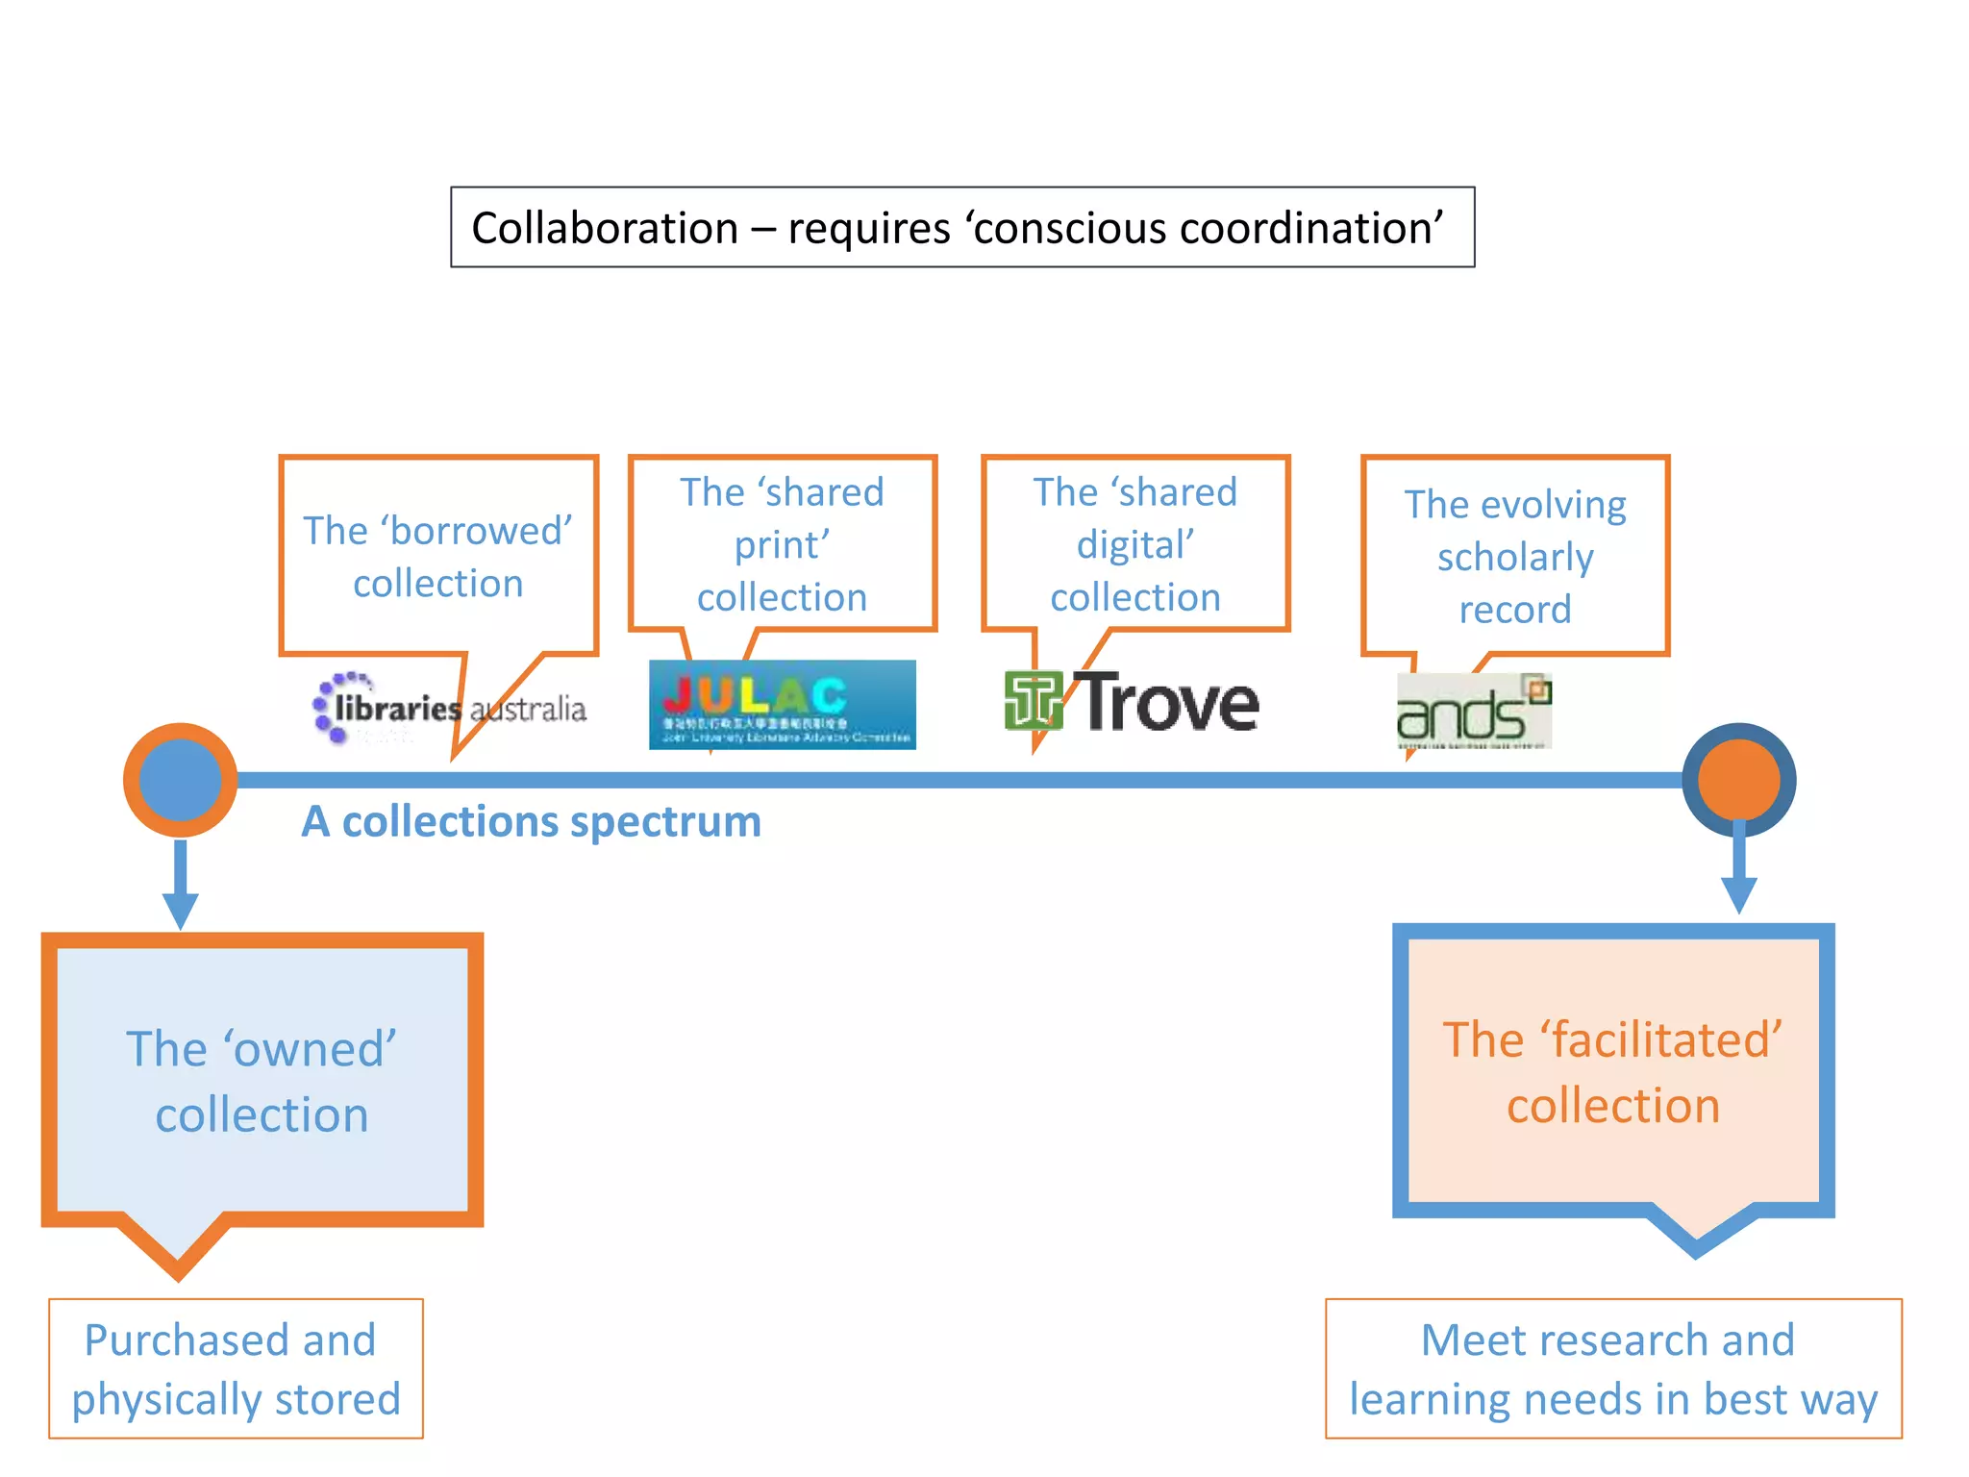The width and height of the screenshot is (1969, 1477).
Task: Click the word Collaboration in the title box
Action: [x=605, y=229]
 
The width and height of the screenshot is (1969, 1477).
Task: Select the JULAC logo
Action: [x=782, y=705]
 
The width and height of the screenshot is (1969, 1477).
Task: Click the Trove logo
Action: [x=1133, y=702]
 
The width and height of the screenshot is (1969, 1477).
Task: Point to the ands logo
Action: [x=1473, y=712]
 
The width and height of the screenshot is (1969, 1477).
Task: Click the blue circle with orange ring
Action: [x=180, y=780]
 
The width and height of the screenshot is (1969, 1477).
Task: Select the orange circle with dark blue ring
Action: [x=1738, y=780]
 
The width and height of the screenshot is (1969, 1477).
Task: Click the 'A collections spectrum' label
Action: [x=531, y=822]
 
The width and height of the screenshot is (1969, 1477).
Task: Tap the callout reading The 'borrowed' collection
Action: [x=438, y=557]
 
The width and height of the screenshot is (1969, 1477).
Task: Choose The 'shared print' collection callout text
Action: [x=782, y=545]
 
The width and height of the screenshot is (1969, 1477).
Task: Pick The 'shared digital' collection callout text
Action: [x=1135, y=545]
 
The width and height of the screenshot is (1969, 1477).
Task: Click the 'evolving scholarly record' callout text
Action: [x=1515, y=557]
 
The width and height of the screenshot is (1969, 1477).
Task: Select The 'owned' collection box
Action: [x=262, y=1081]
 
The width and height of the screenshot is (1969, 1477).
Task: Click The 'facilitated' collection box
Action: [x=1613, y=1072]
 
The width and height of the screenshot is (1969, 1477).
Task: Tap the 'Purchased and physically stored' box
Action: [x=236, y=1369]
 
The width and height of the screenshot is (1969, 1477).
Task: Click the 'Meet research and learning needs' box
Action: [x=1613, y=1369]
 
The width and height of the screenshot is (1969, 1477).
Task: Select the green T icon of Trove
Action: [x=1034, y=701]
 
